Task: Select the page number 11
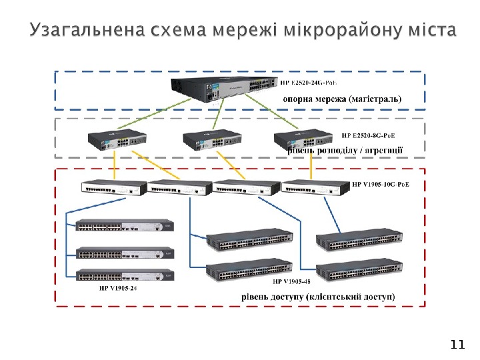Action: point(457,344)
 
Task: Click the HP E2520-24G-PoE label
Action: point(307,83)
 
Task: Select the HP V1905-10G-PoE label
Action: point(380,184)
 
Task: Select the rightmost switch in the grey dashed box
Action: point(303,139)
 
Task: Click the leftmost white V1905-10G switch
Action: point(114,188)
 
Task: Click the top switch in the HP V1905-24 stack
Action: point(124,228)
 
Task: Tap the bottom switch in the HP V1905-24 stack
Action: point(124,275)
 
